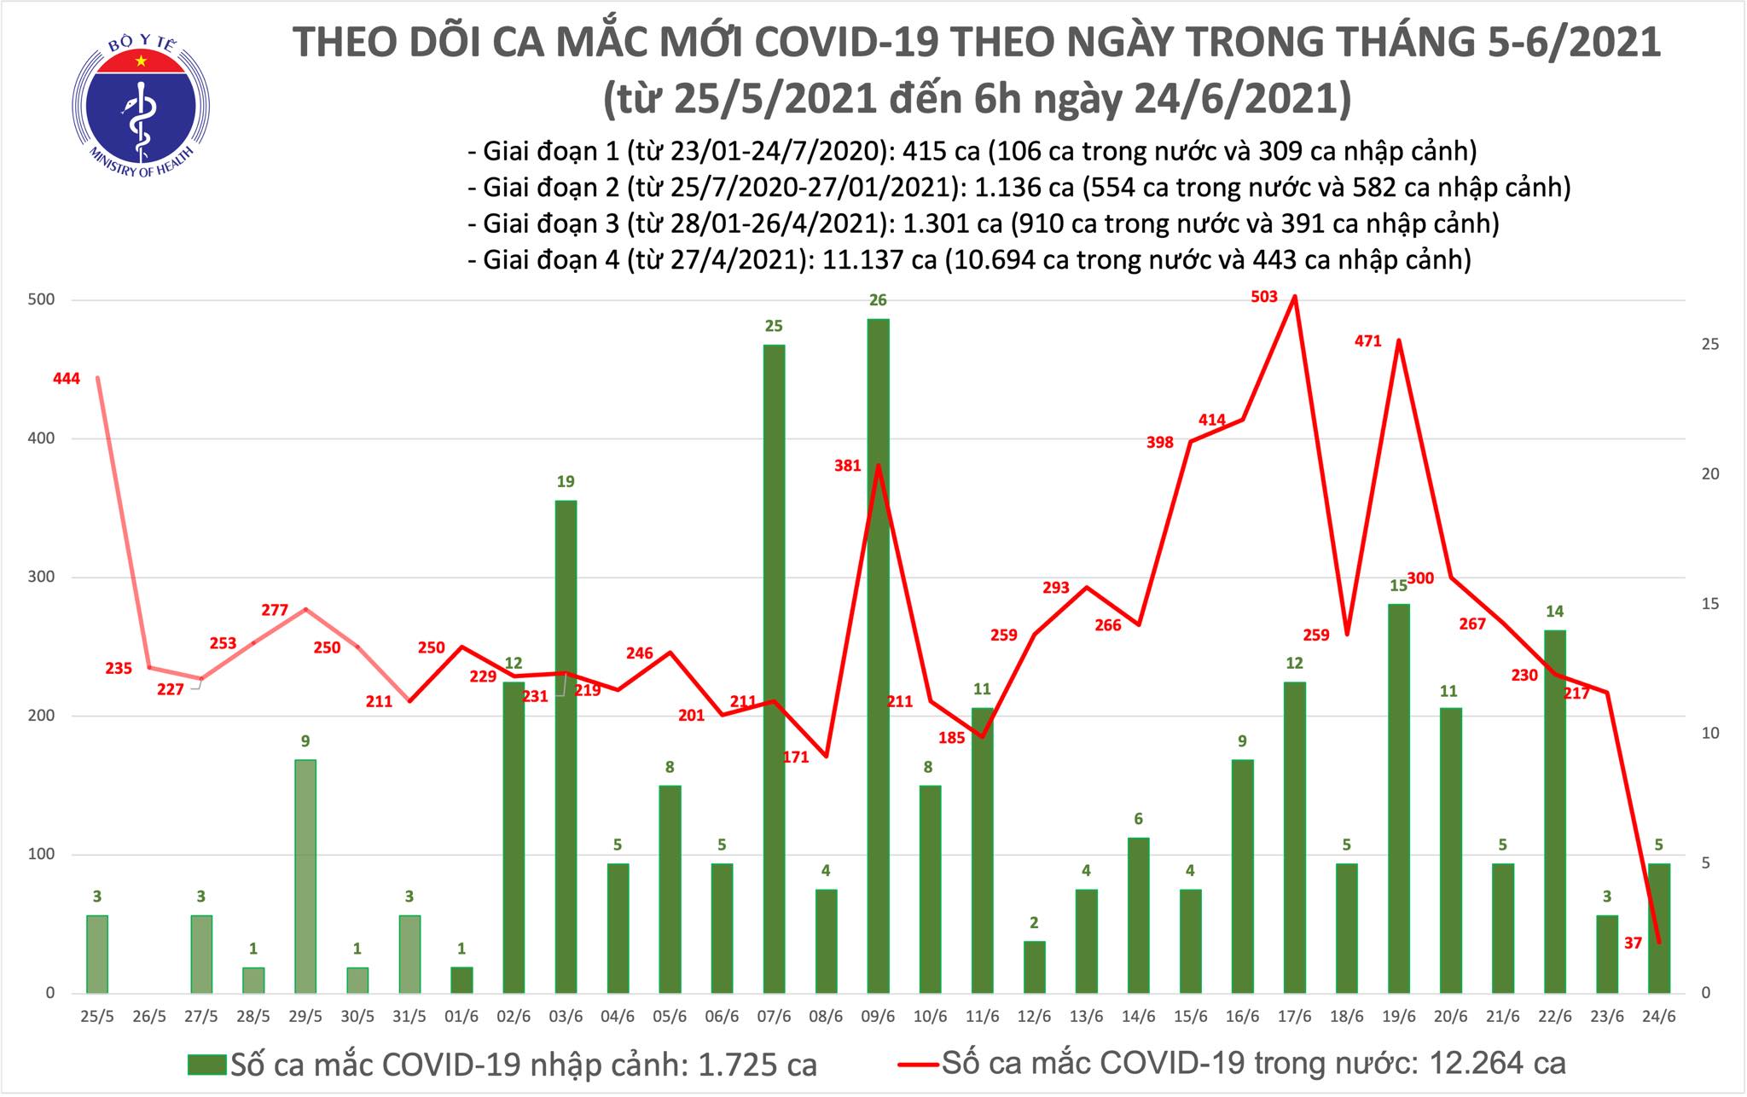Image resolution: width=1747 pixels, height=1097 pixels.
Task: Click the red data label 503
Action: [x=1264, y=297]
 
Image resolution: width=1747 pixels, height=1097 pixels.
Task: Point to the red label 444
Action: [x=66, y=379]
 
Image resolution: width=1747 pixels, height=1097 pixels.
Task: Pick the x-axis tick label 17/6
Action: [x=1294, y=1018]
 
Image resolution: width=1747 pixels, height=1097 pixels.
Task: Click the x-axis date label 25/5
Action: [x=96, y=1018]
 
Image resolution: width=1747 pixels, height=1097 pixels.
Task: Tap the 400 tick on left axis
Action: [x=43, y=438]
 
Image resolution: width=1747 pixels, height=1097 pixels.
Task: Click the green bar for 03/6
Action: [x=566, y=746]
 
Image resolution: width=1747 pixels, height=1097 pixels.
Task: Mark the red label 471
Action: [x=1368, y=342]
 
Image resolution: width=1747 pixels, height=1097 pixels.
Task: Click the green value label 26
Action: [x=878, y=300]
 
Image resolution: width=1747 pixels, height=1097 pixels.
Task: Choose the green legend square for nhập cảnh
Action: [x=207, y=1064]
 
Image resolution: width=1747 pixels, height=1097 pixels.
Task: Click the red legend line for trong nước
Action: [x=918, y=1064]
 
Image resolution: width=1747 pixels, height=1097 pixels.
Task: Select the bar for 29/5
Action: [x=305, y=876]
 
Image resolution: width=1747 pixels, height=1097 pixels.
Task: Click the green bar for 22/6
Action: [x=1554, y=811]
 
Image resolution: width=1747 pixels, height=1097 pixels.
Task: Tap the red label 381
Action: [x=849, y=466]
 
